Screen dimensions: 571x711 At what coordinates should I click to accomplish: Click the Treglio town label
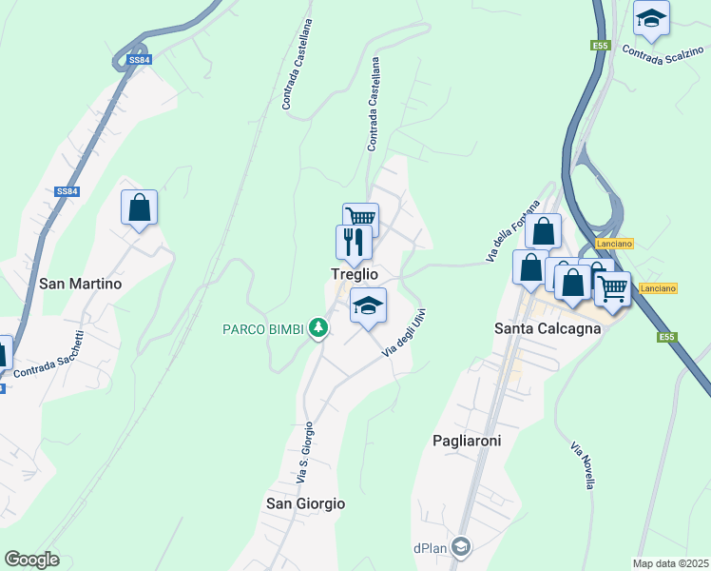tap(354, 274)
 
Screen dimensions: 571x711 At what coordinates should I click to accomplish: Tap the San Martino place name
tap(81, 284)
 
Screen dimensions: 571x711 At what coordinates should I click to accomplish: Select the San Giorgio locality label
tap(305, 503)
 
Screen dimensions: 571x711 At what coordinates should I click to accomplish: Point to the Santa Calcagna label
tap(547, 328)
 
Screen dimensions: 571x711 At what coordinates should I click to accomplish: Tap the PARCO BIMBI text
tap(263, 329)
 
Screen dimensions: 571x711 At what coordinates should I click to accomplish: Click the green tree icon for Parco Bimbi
tap(318, 329)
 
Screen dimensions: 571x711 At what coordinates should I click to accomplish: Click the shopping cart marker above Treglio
tap(361, 220)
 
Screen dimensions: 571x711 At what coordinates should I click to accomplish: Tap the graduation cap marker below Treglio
tap(368, 305)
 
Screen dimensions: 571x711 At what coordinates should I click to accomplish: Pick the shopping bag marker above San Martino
tap(139, 207)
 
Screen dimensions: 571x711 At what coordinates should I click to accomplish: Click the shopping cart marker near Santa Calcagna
tap(613, 288)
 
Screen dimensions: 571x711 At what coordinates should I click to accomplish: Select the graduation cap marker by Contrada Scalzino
tap(651, 18)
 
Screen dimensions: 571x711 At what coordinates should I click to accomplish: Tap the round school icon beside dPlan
tap(461, 546)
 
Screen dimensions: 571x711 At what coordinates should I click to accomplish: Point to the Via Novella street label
tap(583, 465)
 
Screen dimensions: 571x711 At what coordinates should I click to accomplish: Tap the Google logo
tap(32, 560)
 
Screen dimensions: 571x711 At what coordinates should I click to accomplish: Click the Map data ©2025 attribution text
tap(670, 563)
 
